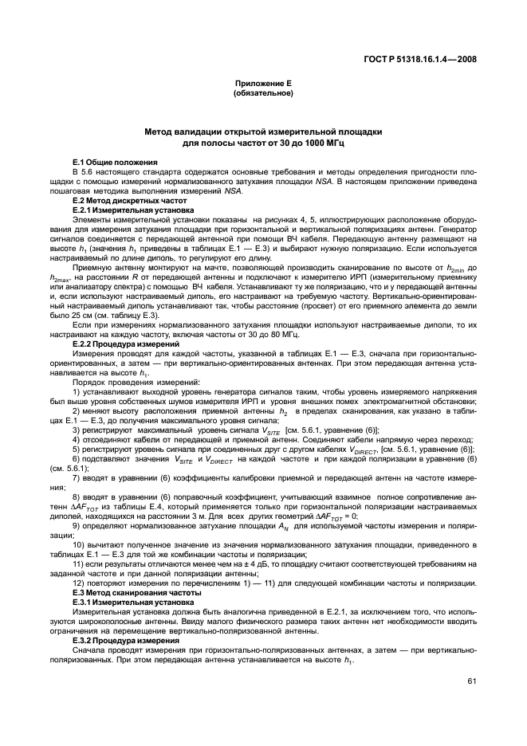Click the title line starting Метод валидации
(x=263, y=131)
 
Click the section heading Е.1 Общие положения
(x=109, y=163)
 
